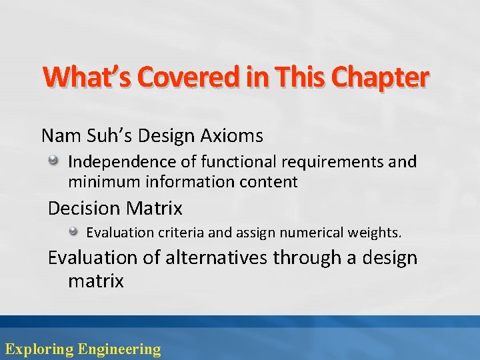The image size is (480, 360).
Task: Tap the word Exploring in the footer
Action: (39, 348)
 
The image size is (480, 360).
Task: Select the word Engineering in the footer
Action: (119, 348)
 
